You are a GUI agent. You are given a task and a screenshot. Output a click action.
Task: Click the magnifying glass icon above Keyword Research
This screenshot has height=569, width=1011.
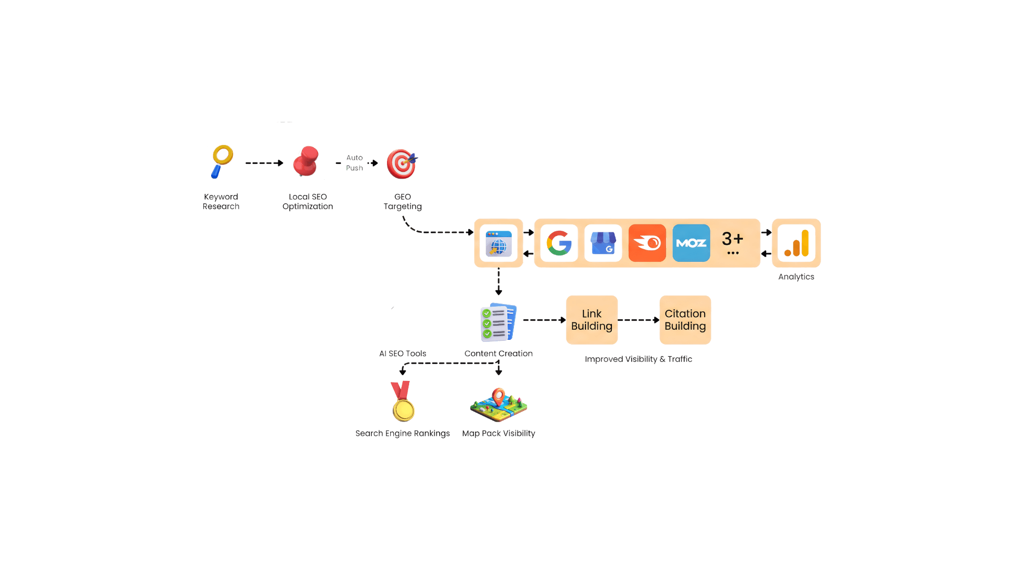(222, 162)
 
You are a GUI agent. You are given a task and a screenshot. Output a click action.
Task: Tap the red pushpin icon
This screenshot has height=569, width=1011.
(306, 161)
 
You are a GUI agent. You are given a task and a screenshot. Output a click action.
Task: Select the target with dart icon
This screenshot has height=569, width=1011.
(402, 163)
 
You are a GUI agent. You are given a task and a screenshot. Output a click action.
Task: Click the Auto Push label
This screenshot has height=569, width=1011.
(354, 163)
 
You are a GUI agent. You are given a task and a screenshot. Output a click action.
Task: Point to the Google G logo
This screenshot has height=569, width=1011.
(559, 243)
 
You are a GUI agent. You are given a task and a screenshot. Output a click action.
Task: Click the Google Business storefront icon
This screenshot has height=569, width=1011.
(603, 243)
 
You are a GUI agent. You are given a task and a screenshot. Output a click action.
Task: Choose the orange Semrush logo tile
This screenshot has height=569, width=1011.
(647, 243)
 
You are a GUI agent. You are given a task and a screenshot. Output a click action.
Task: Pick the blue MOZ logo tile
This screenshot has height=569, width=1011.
(691, 243)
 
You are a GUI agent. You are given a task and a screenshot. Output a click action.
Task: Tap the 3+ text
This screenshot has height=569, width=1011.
(732, 239)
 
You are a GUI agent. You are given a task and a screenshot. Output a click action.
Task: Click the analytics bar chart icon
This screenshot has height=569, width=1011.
(797, 243)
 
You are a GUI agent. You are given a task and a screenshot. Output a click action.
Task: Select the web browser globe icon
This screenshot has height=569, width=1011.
(499, 243)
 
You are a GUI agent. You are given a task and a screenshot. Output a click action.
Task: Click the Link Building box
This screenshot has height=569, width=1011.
(592, 320)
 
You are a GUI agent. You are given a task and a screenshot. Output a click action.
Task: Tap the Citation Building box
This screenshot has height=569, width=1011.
(685, 320)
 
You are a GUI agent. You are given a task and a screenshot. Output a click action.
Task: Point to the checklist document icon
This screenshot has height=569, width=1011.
(499, 322)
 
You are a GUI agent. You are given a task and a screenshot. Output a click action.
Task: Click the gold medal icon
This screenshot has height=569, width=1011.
(403, 401)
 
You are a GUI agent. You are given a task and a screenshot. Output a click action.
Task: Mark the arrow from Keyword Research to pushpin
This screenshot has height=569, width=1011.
(264, 163)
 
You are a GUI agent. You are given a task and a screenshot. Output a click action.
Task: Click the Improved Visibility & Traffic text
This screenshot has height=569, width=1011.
(638, 359)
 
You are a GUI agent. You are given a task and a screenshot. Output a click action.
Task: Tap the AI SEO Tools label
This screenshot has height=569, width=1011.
(403, 354)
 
